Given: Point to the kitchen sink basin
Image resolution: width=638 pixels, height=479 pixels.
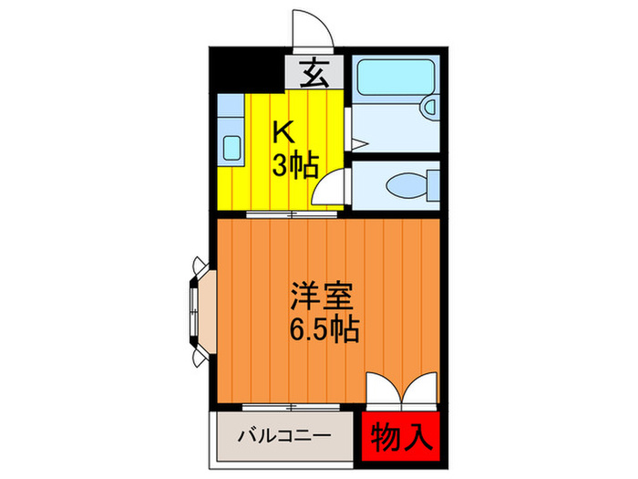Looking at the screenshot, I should click(232, 145).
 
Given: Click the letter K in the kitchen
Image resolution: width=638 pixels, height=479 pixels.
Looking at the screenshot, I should click(285, 133).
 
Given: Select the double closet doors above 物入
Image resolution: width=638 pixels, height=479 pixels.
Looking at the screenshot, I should click(403, 390).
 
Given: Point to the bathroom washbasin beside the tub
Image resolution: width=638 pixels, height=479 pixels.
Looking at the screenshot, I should click(428, 108).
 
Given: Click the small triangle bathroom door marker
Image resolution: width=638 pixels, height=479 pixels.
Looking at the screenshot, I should click(357, 143).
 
